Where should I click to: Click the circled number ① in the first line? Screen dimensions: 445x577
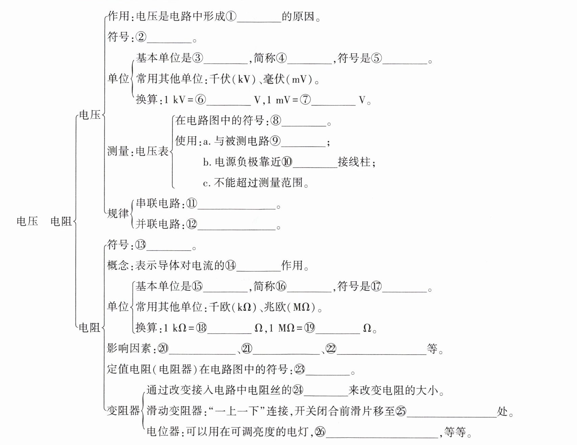click(231, 16)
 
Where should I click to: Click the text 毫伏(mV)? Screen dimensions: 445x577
click(288, 79)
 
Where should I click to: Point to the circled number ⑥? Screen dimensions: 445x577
click(200, 100)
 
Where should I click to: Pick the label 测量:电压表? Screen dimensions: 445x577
click(138, 151)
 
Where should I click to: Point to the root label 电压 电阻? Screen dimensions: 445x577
click(44, 221)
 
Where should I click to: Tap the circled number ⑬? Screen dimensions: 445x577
click(140, 245)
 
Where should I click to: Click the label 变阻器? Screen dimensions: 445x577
click(123, 411)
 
